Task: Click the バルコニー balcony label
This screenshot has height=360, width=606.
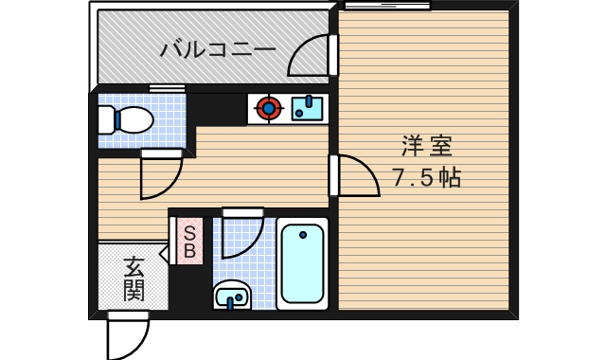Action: point(217,49)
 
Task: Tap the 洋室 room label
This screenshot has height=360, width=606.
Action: point(426,146)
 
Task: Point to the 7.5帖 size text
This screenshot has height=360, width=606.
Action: point(426,177)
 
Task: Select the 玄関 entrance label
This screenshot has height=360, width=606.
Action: point(134,279)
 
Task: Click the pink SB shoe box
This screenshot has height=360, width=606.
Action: point(188,241)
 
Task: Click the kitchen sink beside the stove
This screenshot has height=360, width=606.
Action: point(307,108)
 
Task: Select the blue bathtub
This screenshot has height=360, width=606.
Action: point(303,263)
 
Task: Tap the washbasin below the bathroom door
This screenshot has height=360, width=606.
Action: point(233,297)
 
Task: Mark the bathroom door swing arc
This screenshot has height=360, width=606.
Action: point(241,236)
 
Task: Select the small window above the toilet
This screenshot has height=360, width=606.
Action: point(167,89)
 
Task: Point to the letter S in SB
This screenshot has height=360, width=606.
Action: point(188,232)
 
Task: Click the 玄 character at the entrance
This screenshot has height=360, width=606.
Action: point(134,266)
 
